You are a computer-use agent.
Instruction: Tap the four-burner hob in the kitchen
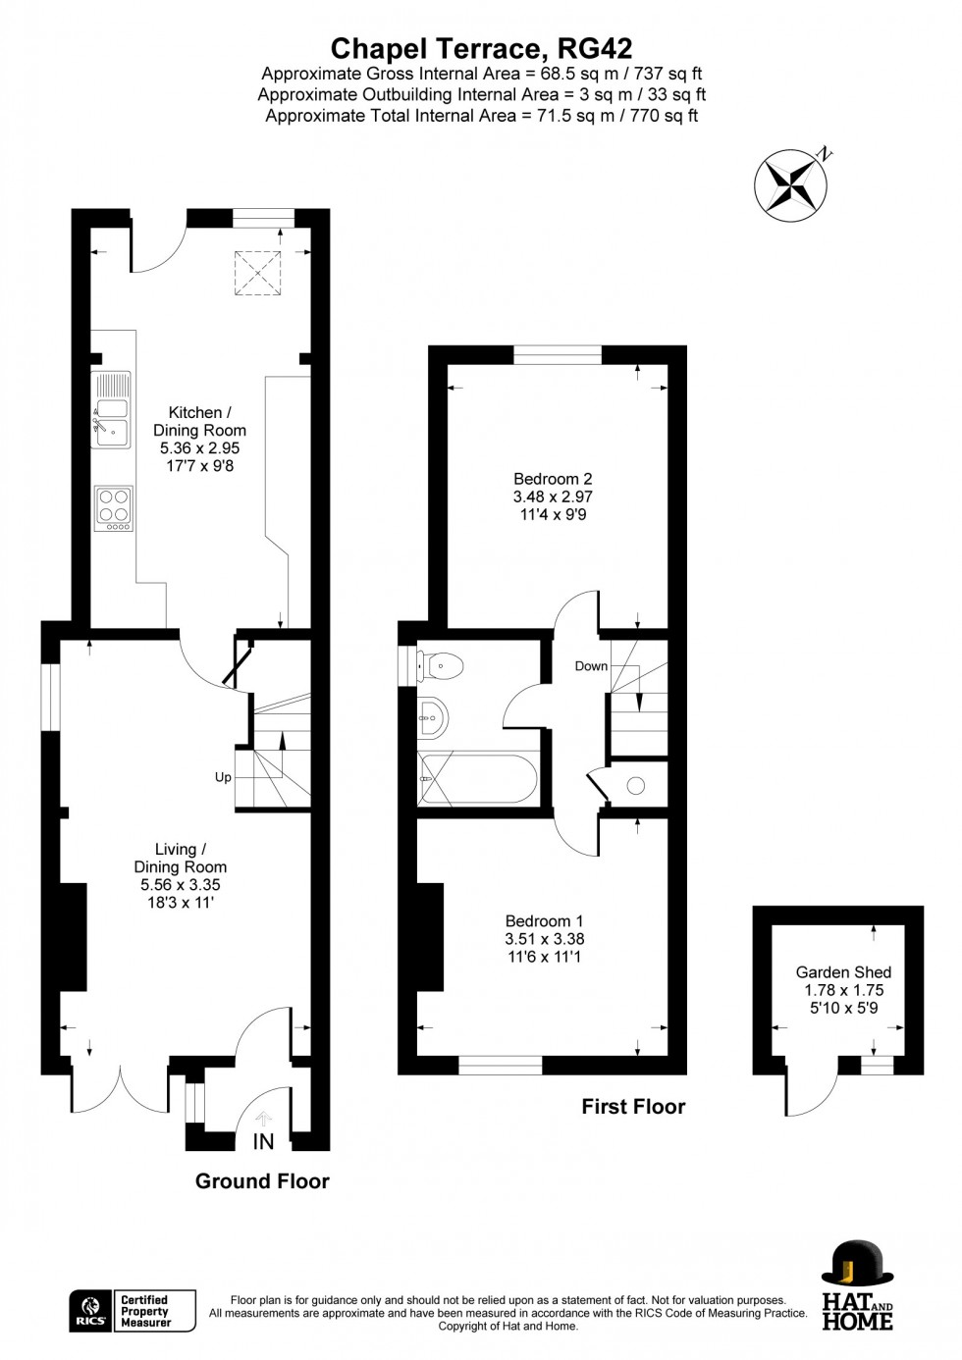coord(114,508)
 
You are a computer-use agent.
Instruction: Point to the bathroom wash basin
coord(433,717)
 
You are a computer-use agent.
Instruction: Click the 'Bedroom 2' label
coord(553,479)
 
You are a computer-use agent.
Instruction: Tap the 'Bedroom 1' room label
coord(544,921)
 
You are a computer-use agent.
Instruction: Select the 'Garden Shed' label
coord(843,972)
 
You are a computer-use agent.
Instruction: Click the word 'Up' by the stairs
coord(223,777)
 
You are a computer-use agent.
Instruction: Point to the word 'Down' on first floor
coord(591,666)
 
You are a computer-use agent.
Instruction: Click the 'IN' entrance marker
coord(264,1141)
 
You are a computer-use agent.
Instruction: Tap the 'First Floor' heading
coord(633,1106)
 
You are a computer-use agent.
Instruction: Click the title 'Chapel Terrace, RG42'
coord(481,49)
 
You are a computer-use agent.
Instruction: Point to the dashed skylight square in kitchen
coord(258,273)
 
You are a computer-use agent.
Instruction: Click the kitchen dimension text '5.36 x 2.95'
coord(200,448)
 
